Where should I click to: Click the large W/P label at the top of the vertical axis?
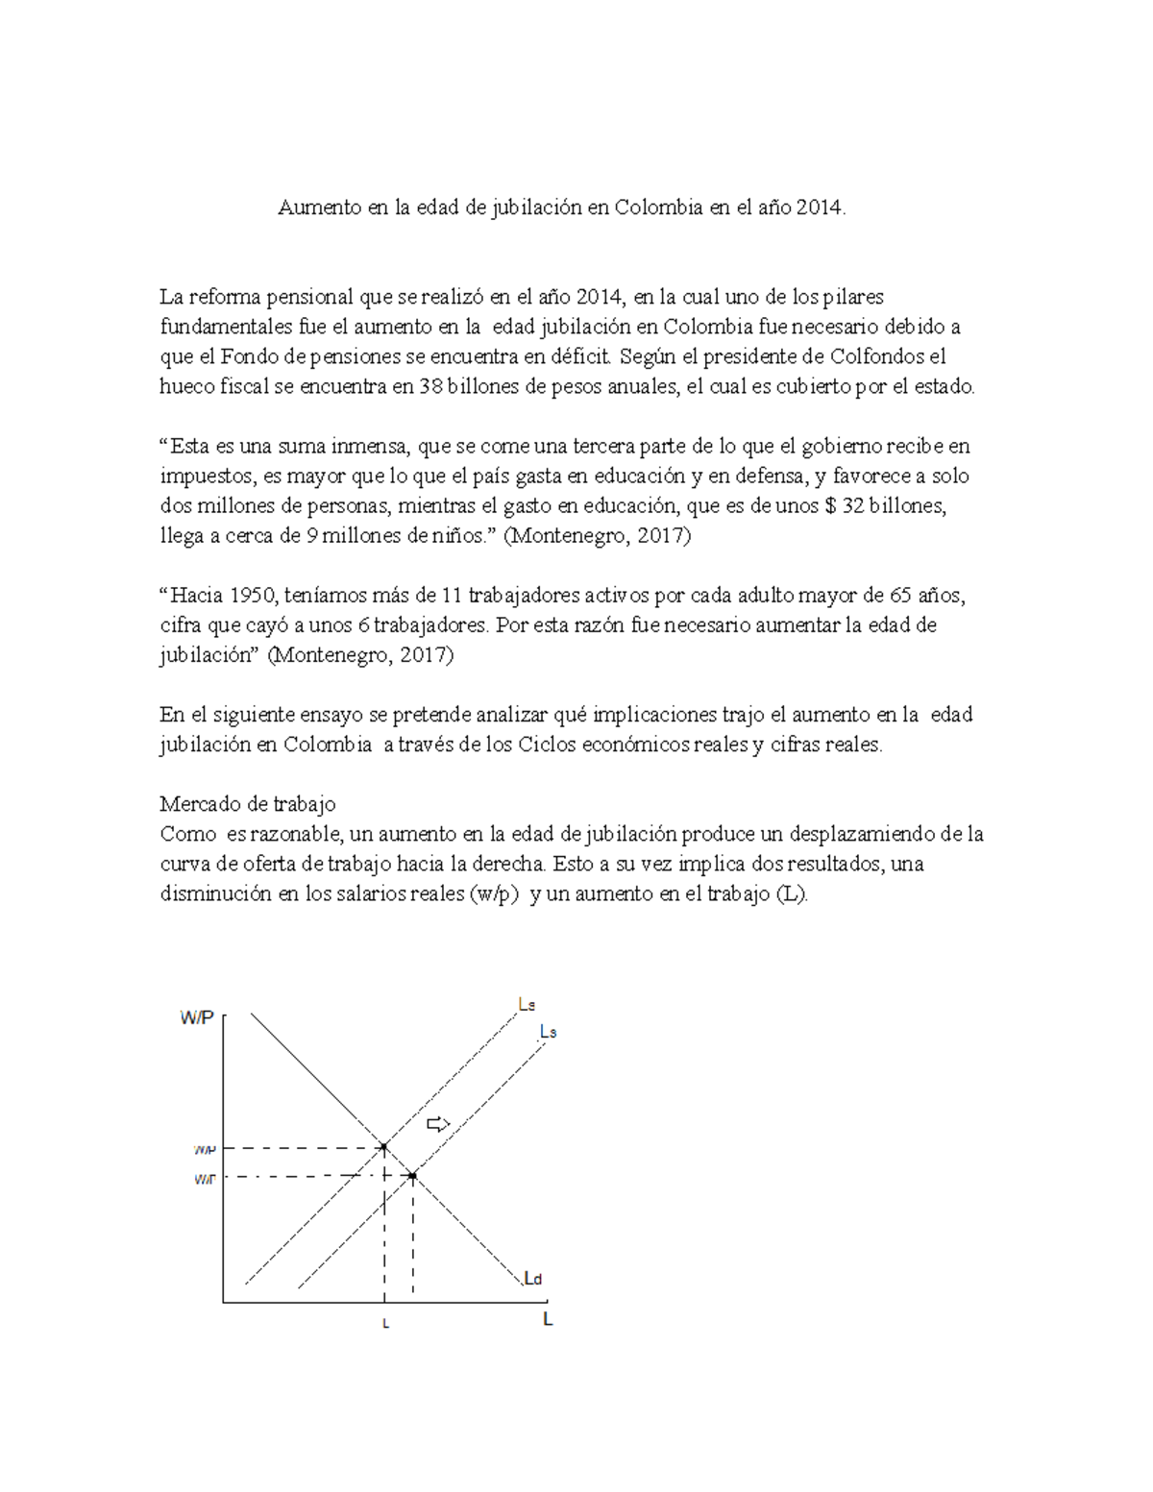[x=196, y=1018]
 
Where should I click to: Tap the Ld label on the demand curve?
[x=533, y=1279]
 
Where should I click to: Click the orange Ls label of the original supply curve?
[x=527, y=1005]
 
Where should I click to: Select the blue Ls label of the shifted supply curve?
[x=548, y=1032]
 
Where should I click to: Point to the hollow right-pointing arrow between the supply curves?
[x=438, y=1124]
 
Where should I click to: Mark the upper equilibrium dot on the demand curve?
[x=383, y=1147]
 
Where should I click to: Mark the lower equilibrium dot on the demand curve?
[x=413, y=1176]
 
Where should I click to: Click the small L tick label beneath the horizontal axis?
[x=385, y=1324]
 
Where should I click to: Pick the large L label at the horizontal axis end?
[x=548, y=1320]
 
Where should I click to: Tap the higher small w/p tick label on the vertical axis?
[x=205, y=1148]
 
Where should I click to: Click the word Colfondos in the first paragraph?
[x=876, y=357]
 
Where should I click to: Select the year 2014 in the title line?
[x=822, y=208]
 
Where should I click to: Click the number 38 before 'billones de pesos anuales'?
[x=431, y=387]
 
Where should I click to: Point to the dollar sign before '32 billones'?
[x=831, y=506]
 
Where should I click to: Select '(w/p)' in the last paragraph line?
[x=494, y=893]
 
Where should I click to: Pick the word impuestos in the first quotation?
[x=205, y=477]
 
